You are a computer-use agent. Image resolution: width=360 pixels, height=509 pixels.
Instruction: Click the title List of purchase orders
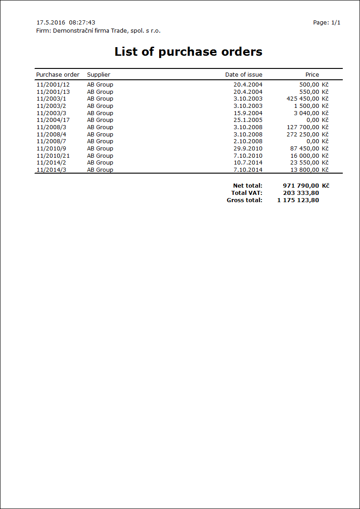[188, 52]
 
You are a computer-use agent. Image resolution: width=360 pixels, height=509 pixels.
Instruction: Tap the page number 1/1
[336, 23]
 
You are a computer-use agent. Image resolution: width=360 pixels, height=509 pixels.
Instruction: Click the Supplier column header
[98, 75]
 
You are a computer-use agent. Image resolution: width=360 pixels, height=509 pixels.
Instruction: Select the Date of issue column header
[243, 75]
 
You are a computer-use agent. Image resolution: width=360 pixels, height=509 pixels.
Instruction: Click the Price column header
[312, 75]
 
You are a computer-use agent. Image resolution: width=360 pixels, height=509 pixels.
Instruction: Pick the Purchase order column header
[58, 75]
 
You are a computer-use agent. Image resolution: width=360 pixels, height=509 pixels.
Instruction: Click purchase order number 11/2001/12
[53, 85]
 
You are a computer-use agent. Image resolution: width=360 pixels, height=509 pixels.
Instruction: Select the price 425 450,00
[303, 99]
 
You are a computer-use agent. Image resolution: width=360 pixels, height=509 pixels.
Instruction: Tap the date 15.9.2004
[248, 113]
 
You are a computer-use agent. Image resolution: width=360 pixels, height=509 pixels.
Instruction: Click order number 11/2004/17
[53, 120]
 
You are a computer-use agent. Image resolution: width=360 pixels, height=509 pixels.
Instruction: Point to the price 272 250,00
[303, 135]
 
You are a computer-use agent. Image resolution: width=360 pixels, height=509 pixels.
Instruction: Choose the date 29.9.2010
[248, 149]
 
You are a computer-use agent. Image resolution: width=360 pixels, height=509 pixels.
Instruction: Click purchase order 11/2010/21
[53, 156]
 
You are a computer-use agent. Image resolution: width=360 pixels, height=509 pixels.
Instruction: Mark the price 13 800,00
[305, 170]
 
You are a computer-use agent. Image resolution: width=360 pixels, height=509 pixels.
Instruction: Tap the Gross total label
[244, 200]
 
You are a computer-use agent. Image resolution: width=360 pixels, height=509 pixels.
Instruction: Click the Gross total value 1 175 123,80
[298, 200]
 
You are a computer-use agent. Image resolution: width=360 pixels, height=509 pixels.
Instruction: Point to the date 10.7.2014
[248, 163]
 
